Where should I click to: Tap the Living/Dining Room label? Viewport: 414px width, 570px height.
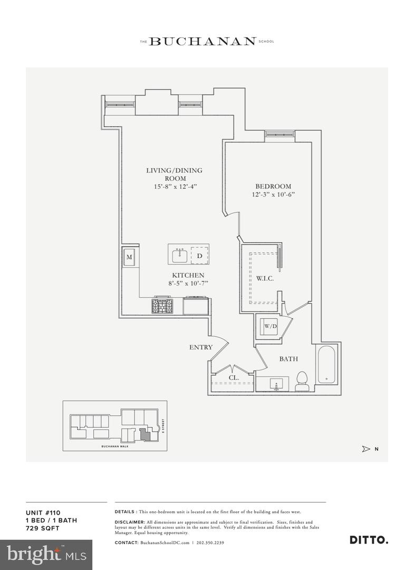pyautogui.click(x=174, y=174)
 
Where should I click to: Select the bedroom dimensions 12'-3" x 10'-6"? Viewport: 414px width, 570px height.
pyautogui.click(x=273, y=195)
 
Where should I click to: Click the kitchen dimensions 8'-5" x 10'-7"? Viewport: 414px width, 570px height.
pyautogui.click(x=188, y=284)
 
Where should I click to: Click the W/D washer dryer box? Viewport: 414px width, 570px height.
pyautogui.click(x=271, y=327)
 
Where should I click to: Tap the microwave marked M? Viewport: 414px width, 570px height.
pyautogui.click(x=130, y=258)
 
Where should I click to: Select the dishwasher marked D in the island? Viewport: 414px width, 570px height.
pyautogui.click(x=199, y=255)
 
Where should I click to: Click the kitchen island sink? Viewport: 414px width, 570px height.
pyautogui.click(x=179, y=255)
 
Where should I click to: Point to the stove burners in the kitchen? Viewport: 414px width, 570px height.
pyautogui.click(x=162, y=306)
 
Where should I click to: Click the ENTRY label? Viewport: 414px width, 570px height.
pyautogui.click(x=201, y=347)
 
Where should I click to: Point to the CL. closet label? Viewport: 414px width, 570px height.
pyautogui.click(x=234, y=378)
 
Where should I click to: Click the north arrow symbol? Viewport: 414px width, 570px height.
pyautogui.click(x=367, y=449)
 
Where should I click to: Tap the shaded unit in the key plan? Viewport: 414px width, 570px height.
pyautogui.click(x=145, y=433)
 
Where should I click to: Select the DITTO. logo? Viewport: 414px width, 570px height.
pyautogui.click(x=369, y=539)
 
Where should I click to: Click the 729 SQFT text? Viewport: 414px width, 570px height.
pyautogui.click(x=43, y=528)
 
